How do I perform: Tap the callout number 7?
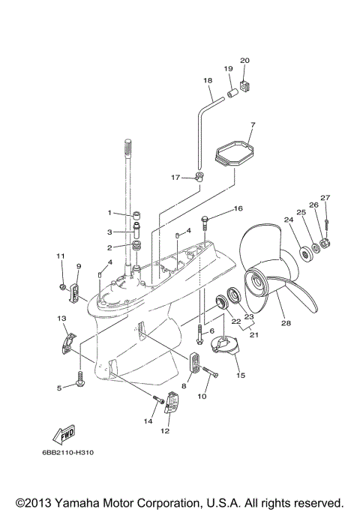click(x=253, y=124)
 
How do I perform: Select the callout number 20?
click(x=244, y=60)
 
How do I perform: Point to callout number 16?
click(x=238, y=208)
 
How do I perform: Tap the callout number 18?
click(x=208, y=79)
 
